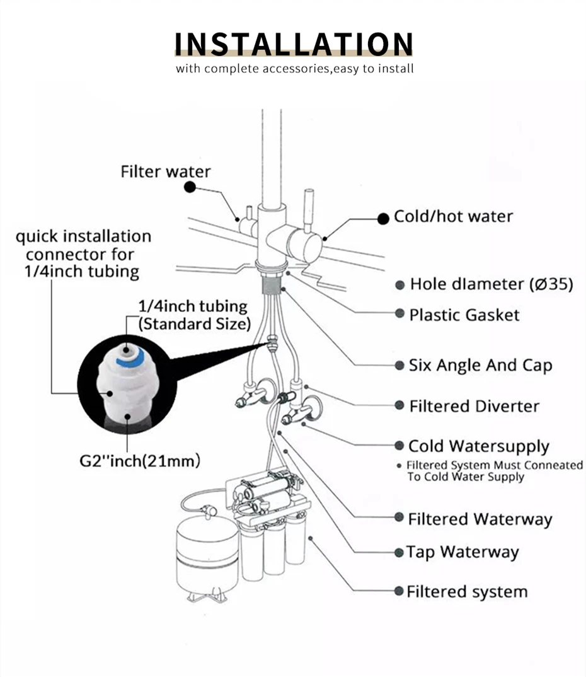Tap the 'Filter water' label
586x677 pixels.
pos(166,171)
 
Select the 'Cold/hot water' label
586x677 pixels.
pos(453,216)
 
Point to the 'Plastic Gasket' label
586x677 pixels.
pos(464,314)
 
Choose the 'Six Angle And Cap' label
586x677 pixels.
pos(480,365)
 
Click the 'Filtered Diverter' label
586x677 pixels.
pos(474,406)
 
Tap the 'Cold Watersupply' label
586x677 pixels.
pos(479,446)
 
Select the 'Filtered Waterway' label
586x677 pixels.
pos(480,519)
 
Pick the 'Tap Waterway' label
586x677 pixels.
pos(462,552)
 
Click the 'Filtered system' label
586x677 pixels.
pos(467,592)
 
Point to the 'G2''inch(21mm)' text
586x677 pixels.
pos(140,460)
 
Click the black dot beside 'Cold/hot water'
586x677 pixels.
pos(382,219)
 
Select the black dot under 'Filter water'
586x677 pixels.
pos(188,187)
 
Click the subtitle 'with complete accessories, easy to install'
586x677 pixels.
pos(294,68)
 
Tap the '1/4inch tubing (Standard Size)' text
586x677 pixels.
pos(193,315)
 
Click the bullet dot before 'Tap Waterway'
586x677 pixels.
pos(399,553)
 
